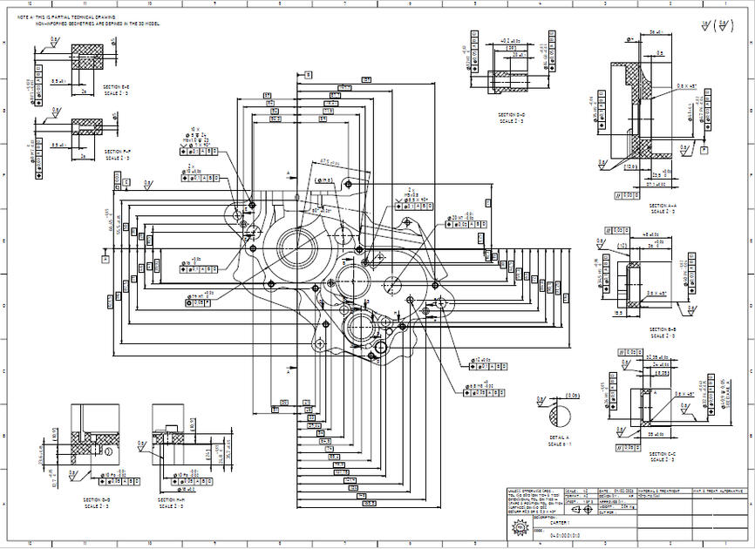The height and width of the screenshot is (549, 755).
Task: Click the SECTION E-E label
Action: coord(117,89)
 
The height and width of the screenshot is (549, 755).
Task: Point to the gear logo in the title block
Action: coord(520,526)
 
